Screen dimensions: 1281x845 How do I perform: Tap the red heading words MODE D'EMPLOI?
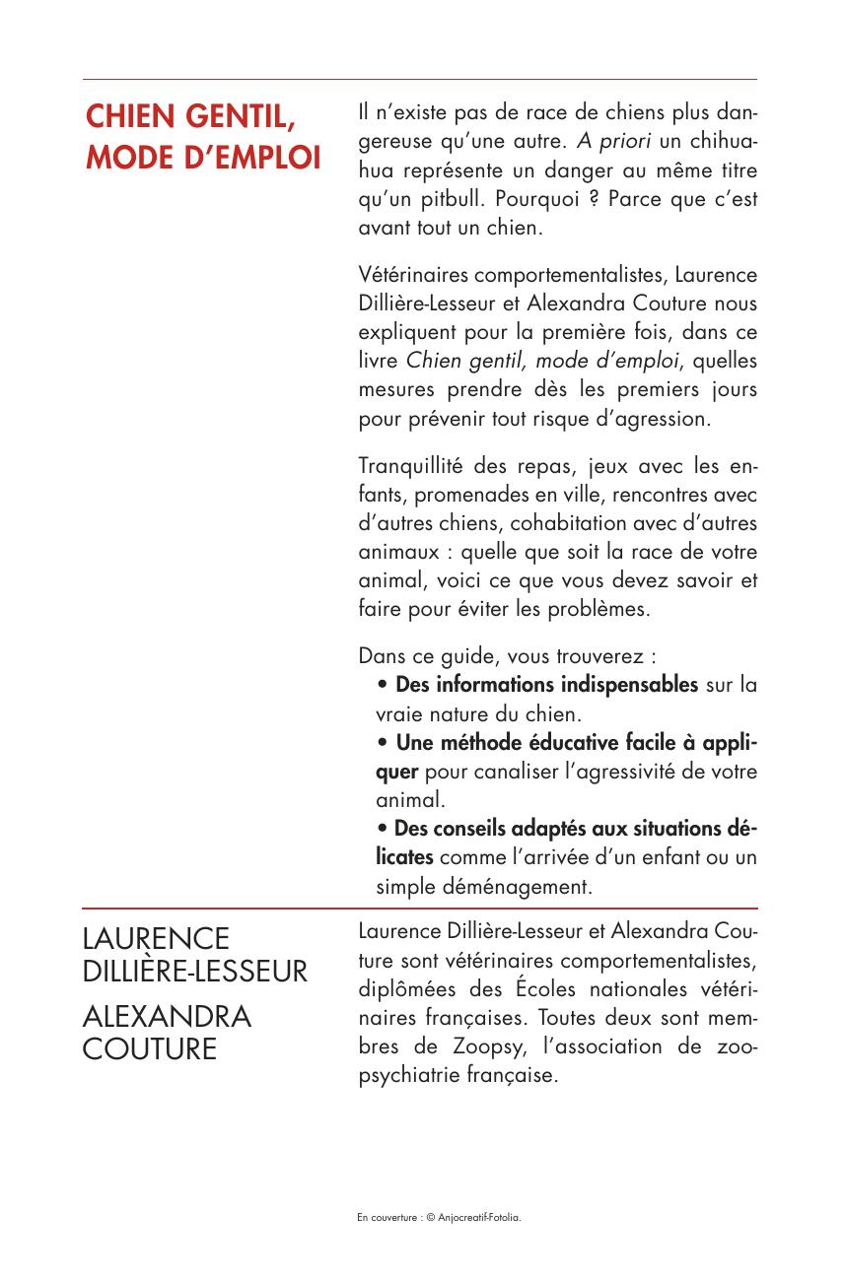(202, 157)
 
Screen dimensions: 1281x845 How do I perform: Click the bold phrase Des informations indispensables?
(546, 684)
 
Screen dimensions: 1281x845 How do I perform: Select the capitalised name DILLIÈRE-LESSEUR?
(195, 973)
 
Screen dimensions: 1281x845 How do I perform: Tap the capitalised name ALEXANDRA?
(167, 1016)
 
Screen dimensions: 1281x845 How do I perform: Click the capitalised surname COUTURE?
(149, 1049)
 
